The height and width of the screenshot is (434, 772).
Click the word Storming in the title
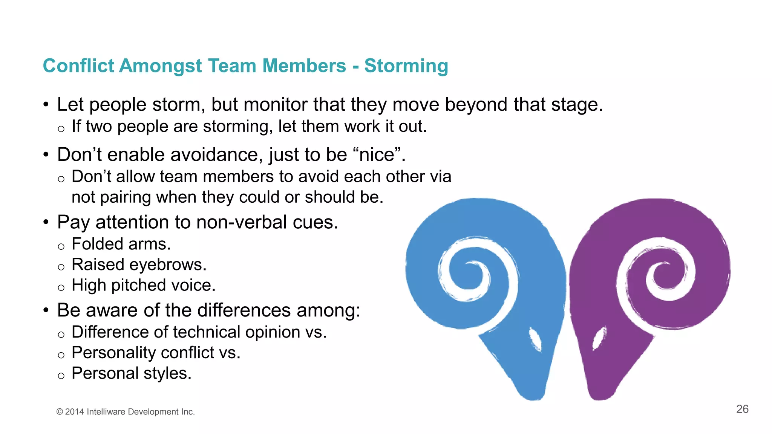[406, 66]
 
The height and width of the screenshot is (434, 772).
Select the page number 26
[742, 409]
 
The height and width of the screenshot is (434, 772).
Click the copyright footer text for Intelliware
[126, 412]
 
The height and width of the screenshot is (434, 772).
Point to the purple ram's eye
[598, 338]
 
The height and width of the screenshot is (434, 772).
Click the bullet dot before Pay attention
[46, 222]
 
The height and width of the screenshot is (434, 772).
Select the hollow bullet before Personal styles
[61, 376]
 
